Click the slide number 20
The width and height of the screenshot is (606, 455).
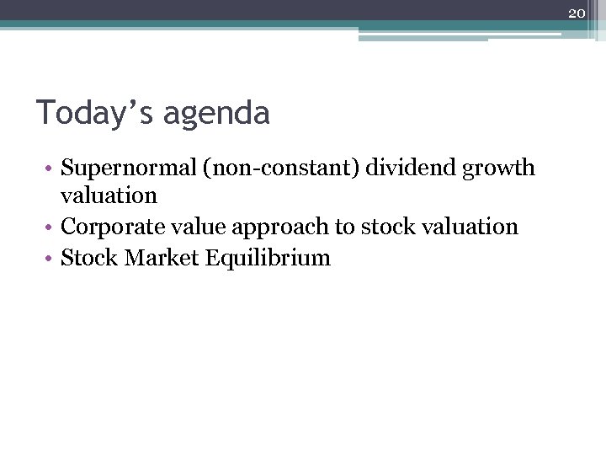577,13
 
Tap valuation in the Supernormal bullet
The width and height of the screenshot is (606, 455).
109,195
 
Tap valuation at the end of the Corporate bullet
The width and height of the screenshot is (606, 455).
470,227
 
